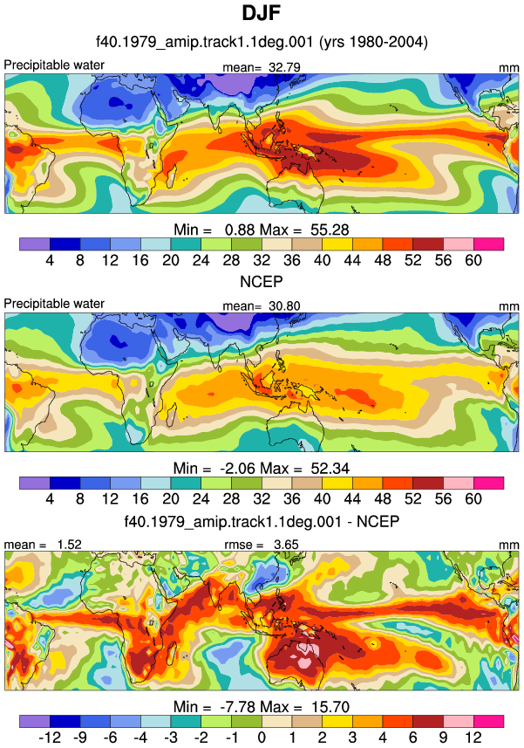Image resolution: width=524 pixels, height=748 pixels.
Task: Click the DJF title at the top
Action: (261, 12)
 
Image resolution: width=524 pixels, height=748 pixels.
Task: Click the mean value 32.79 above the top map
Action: (284, 67)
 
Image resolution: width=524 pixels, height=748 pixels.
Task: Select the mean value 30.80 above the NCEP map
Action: (284, 305)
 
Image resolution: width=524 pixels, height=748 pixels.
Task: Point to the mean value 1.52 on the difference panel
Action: (70, 545)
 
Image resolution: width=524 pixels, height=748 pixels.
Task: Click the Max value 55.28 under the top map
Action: (330, 230)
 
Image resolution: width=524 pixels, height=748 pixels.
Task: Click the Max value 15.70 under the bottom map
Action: (330, 707)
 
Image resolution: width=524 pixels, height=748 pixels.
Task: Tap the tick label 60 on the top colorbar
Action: (473, 260)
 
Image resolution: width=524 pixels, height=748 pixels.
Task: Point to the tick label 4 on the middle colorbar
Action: (50, 499)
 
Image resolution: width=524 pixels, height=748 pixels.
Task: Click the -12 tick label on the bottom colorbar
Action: (50, 738)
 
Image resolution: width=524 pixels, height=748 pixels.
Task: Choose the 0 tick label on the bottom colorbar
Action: (262, 738)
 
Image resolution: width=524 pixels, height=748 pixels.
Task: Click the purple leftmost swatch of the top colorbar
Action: (35, 244)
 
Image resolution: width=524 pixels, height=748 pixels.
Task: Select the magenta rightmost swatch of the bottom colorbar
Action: (489, 721)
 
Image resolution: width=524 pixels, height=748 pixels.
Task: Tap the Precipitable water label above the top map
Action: (54, 65)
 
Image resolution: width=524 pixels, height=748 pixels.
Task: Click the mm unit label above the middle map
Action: (509, 306)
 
